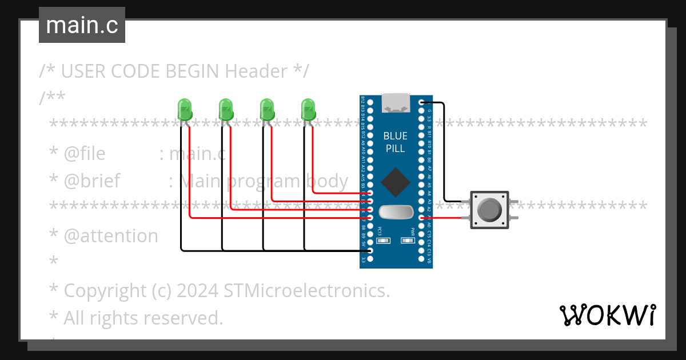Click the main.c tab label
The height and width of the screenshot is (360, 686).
82,26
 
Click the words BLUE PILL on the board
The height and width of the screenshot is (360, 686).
396,142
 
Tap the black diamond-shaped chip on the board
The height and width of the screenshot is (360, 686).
396,183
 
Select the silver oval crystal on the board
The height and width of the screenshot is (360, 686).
396,212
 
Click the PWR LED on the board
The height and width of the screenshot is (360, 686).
407,241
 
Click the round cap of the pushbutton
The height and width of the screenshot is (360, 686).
489,210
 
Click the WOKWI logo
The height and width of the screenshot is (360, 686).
607,315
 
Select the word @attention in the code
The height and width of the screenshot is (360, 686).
111,236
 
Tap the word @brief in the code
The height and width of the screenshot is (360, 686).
92,181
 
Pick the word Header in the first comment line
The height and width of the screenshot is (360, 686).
256,71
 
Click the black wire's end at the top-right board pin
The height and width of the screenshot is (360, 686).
422,103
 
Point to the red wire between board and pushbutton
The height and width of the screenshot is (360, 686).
446,217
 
